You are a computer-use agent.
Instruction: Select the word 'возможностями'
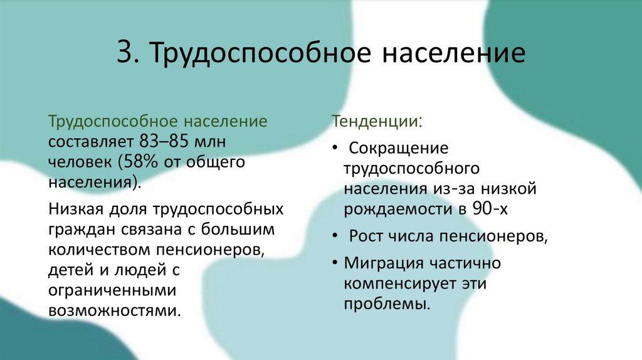(111, 312)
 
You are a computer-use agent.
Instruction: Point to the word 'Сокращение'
(399, 149)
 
